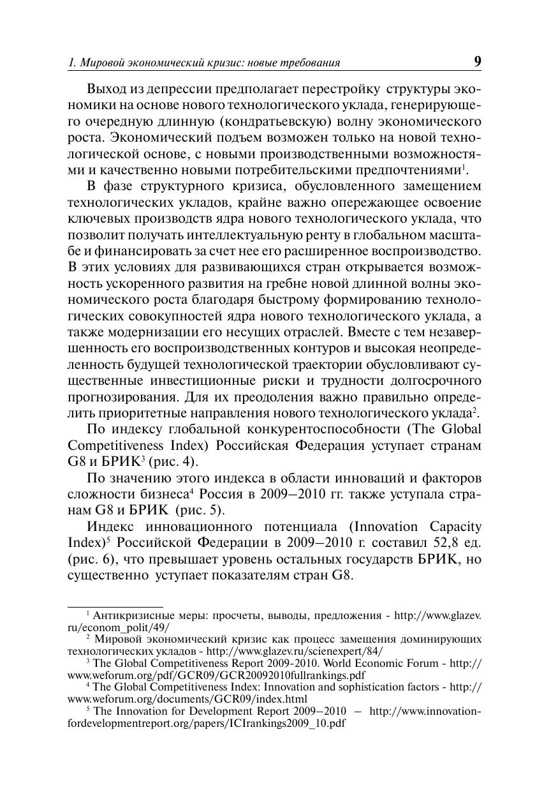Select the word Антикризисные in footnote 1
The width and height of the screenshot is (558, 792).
point(130,616)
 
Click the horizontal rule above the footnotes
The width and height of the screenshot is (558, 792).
point(115,606)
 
